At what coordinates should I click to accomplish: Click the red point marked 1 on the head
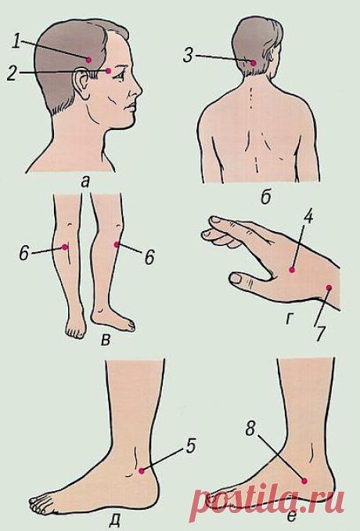88,60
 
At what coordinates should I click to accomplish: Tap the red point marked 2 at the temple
108,70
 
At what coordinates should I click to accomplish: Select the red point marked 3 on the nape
253,63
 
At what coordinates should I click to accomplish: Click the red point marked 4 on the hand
292,270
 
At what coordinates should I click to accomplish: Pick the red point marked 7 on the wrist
329,288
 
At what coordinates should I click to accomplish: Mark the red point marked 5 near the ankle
142,471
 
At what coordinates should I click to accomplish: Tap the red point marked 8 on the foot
304,481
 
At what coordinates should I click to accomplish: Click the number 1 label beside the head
16,42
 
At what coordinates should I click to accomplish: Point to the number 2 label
13,74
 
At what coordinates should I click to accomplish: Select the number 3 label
188,55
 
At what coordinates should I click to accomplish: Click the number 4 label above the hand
308,217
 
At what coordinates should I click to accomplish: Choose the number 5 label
191,446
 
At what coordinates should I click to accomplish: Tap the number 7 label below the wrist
320,334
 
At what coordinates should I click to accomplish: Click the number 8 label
250,428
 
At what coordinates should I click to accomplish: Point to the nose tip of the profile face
141,90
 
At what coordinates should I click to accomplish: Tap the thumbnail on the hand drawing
236,279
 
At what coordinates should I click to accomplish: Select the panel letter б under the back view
266,198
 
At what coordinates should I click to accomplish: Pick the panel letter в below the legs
106,340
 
